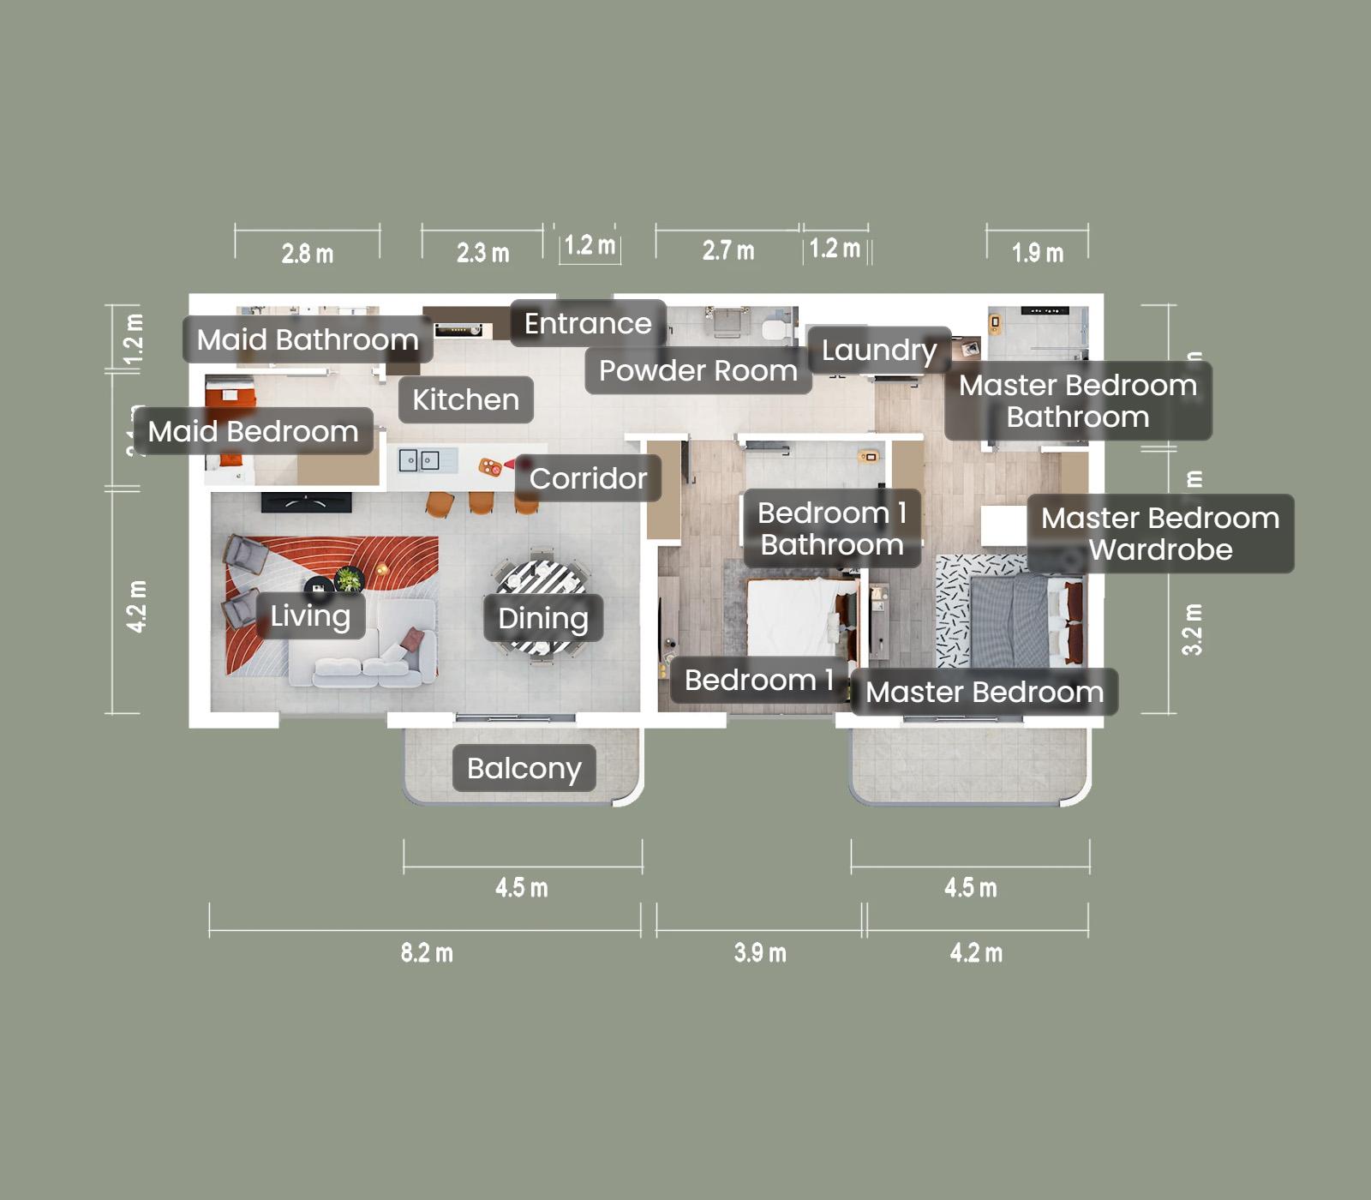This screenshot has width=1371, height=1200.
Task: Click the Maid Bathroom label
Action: (307, 339)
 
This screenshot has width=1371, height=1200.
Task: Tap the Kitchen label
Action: (465, 399)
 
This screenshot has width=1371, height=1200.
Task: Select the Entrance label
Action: (588, 323)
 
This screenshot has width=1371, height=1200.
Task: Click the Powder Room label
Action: (697, 370)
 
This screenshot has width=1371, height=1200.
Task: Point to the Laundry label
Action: (878, 350)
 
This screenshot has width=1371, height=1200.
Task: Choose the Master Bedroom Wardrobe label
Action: (1159, 533)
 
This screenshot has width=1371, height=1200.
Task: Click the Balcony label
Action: (524, 768)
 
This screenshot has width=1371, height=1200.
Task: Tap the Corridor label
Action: (588, 478)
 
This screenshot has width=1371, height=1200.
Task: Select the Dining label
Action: (542, 618)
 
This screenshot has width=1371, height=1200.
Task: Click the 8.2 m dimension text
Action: (426, 952)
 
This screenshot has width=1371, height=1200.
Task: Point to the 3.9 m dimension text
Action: (759, 952)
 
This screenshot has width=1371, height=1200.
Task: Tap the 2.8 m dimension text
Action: (307, 254)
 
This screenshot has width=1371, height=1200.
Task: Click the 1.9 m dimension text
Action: (1037, 253)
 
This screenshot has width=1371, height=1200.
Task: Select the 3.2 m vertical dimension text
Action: (1192, 630)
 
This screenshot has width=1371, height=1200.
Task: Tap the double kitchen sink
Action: (418, 461)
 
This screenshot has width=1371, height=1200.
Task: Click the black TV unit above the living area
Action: (306, 502)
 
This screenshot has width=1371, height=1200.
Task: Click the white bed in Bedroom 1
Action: (793, 617)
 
